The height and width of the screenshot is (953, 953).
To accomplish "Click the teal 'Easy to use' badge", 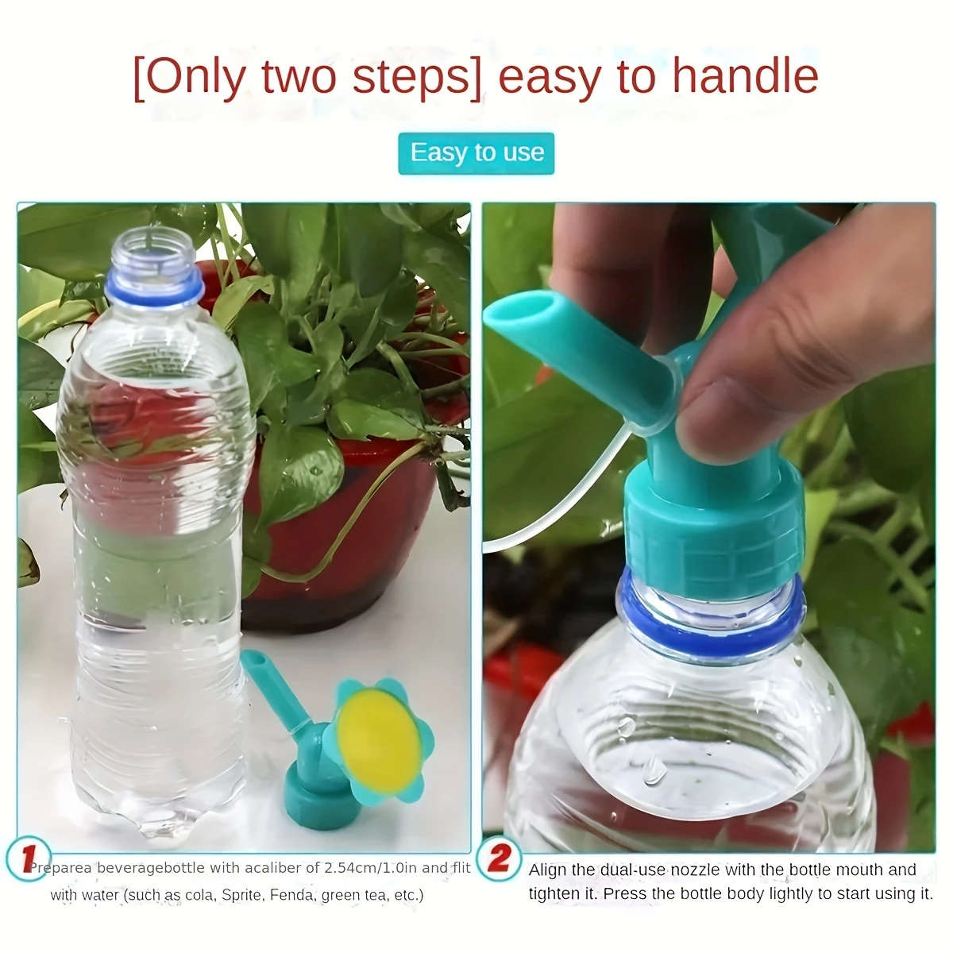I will [476, 152].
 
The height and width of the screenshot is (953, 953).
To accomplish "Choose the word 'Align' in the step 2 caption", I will [547, 870].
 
